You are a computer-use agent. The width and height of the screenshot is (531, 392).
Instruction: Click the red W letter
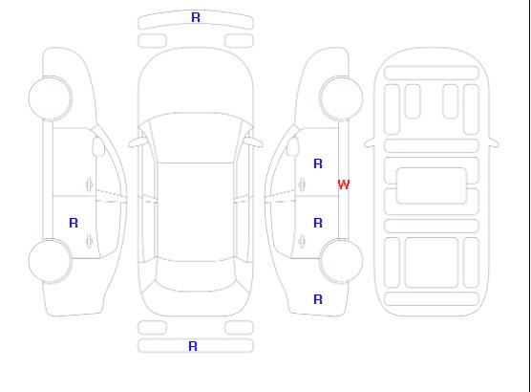[x=344, y=185]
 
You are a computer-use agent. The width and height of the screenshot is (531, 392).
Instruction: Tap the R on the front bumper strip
[x=196, y=17]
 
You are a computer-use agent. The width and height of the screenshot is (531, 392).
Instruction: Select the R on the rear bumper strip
[x=193, y=346]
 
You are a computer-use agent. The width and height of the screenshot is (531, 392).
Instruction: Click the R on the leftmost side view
[x=74, y=223]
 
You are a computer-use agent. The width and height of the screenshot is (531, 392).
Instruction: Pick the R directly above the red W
[x=318, y=163]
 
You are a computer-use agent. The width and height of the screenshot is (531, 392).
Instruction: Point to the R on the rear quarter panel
[x=318, y=299]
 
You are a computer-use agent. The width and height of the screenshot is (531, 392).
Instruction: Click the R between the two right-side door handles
[x=318, y=223]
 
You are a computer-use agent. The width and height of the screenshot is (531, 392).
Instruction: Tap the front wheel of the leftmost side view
[x=50, y=98]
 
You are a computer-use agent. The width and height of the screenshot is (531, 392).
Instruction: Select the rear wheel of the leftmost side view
[x=50, y=261]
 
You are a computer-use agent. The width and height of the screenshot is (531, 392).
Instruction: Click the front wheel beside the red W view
[x=341, y=98]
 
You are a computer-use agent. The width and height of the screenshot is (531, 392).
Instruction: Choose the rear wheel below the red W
[x=341, y=261]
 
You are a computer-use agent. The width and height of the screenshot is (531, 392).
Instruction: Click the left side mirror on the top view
[x=137, y=142]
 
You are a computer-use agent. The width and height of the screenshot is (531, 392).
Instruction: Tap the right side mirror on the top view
[x=254, y=142]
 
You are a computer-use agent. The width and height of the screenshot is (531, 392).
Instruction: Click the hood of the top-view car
[x=196, y=81]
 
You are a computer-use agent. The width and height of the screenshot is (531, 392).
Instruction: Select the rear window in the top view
[x=196, y=274]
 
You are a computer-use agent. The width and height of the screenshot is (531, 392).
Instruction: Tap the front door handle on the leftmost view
[x=90, y=185]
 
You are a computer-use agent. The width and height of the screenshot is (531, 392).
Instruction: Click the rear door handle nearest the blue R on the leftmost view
[x=90, y=241]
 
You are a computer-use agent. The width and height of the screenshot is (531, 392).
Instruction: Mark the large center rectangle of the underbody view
[x=432, y=185]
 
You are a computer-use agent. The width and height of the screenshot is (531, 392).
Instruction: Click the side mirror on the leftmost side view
[x=98, y=146]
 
